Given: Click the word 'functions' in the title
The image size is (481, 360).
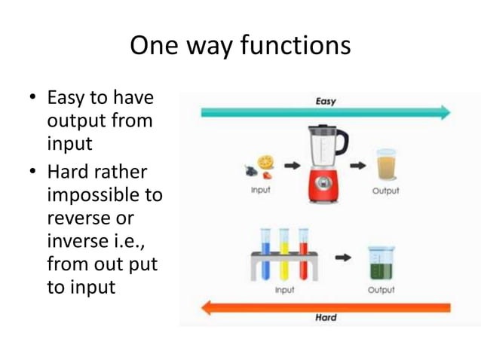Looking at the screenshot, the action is click(x=296, y=46).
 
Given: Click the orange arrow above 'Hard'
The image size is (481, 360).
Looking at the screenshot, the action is click(x=324, y=307).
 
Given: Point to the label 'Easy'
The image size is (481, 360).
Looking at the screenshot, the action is click(x=325, y=101).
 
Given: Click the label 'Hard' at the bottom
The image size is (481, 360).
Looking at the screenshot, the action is click(x=326, y=318).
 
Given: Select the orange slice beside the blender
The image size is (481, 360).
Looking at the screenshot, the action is click(x=265, y=163).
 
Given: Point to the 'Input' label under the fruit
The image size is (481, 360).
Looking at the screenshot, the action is click(x=261, y=191).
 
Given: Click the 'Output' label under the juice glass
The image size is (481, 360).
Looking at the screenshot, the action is click(x=386, y=191).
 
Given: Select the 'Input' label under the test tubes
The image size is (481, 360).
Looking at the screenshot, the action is click(x=284, y=289).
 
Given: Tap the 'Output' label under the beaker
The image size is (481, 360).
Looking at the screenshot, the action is click(x=381, y=289).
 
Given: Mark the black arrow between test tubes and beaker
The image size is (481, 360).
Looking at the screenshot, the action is click(x=343, y=258).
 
